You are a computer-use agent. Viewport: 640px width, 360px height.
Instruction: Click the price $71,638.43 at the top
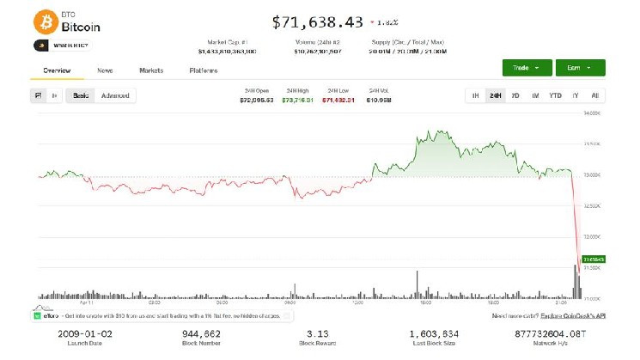coord(317,21)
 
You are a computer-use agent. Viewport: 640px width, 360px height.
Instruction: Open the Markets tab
coord(151,70)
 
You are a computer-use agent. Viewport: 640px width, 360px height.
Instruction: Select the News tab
coord(105,70)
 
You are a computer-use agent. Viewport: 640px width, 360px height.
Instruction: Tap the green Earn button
coord(580,67)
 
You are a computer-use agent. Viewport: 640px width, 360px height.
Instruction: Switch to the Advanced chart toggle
coord(115,95)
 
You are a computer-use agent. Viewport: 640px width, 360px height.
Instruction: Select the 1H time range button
coord(474,95)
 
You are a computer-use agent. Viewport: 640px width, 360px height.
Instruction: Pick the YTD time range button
coord(555,95)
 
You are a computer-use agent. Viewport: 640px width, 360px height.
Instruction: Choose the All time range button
coord(594,95)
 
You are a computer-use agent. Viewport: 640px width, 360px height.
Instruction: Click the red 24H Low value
coord(337,100)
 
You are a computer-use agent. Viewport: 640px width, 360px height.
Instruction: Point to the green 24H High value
coord(297,100)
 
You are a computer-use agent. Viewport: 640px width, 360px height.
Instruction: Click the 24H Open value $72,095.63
coord(256,100)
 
